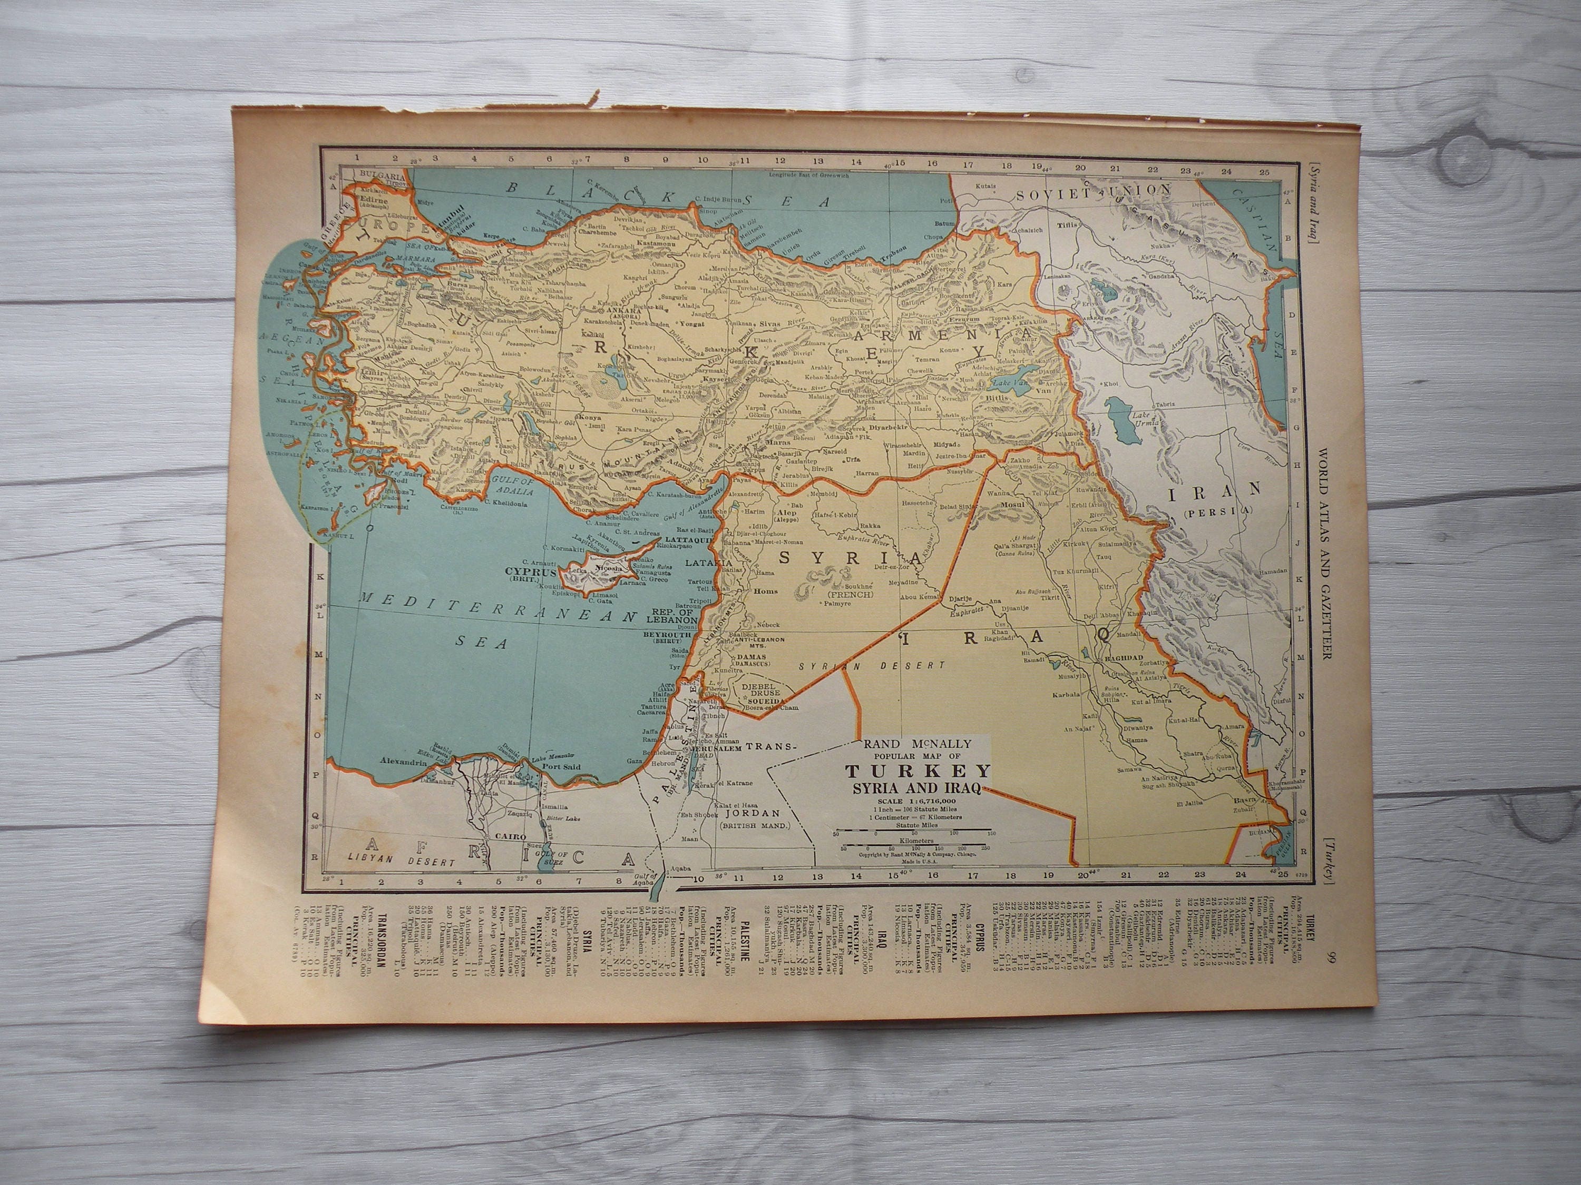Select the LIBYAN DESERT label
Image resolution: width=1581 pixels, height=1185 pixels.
pos(399,862)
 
